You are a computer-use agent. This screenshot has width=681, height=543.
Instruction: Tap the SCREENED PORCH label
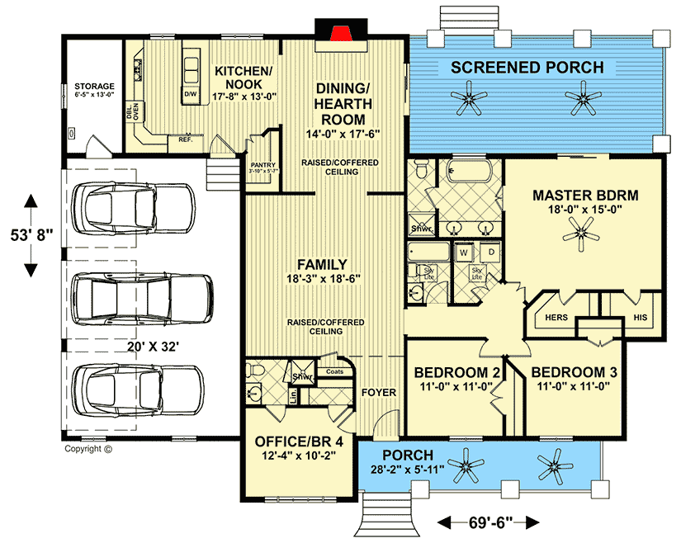(527, 67)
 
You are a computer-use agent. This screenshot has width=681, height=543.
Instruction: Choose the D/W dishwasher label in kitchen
(190, 94)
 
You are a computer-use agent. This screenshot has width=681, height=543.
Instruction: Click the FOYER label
(380, 392)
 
